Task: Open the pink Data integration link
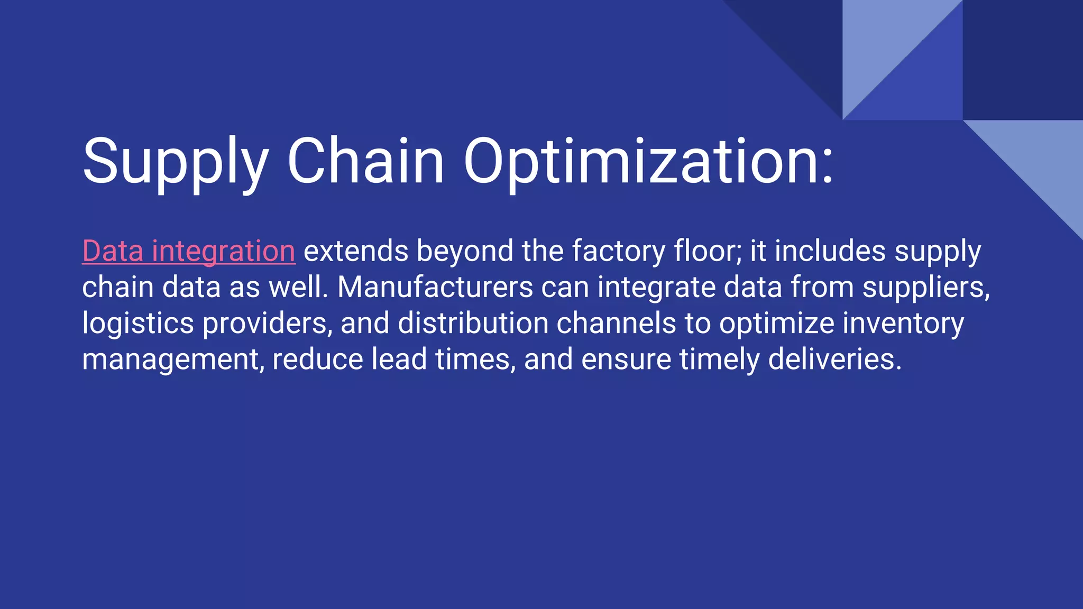(189, 251)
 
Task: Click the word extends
(356, 251)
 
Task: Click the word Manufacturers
(435, 288)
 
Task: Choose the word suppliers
(926, 288)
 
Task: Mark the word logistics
(138, 324)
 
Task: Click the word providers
(268, 324)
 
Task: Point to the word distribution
(473, 324)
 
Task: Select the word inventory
(903, 324)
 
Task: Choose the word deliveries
(834, 360)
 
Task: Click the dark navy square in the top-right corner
(1023, 60)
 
